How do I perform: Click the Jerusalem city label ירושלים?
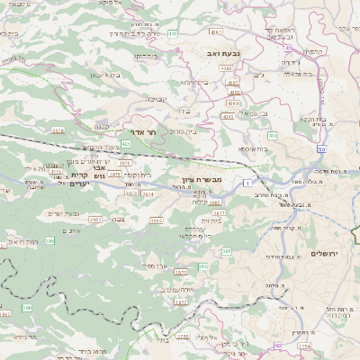click(323, 254)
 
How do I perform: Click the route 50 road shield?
click(320, 146)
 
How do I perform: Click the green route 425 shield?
click(127, 143)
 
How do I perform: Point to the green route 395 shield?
click(51, 240)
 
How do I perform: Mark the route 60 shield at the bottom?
click(278, 345)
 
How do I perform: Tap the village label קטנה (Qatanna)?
click(102, 127)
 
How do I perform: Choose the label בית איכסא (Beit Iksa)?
click(254, 148)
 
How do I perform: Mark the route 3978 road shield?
click(58, 130)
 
